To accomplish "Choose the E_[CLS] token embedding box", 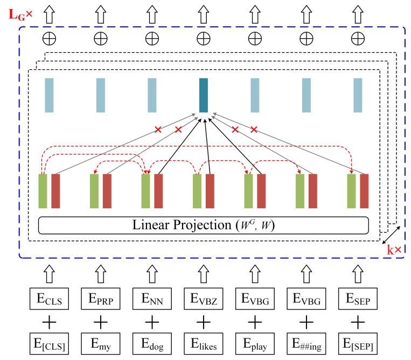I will [47, 344].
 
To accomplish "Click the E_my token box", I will [99, 344].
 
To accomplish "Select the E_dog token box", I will [151, 344].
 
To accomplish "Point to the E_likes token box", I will [203, 344].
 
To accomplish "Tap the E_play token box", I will [255, 344].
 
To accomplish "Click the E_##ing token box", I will [307, 344].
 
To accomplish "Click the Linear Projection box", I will [203, 224].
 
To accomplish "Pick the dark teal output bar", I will [203, 95].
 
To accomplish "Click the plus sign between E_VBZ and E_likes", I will [203, 321].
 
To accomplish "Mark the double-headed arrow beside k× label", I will [392, 235].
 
